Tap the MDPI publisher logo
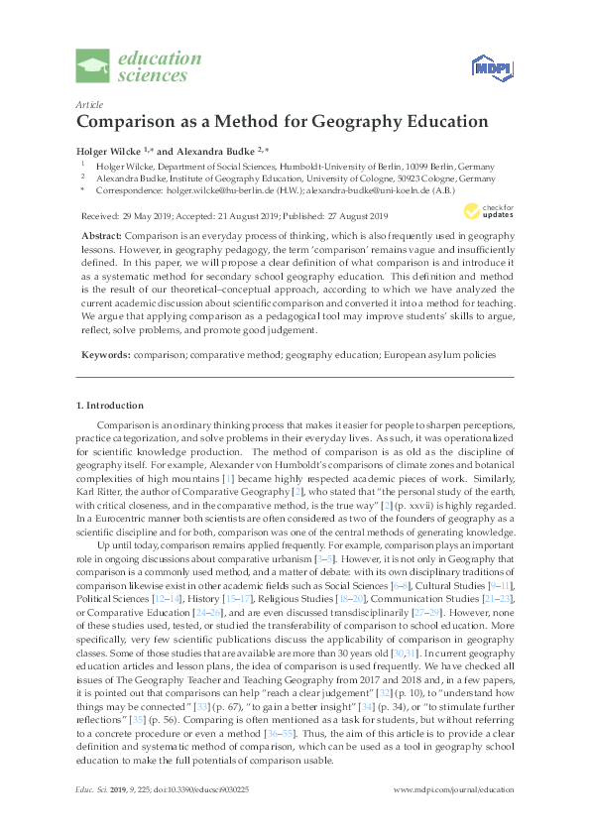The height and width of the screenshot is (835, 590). (x=490, y=67)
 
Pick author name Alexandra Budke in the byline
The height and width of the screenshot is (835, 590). (x=206, y=149)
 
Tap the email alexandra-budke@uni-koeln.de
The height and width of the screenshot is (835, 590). (x=370, y=191)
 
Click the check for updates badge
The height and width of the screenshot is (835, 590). (x=484, y=210)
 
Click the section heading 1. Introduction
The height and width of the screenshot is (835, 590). (x=110, y=406)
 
